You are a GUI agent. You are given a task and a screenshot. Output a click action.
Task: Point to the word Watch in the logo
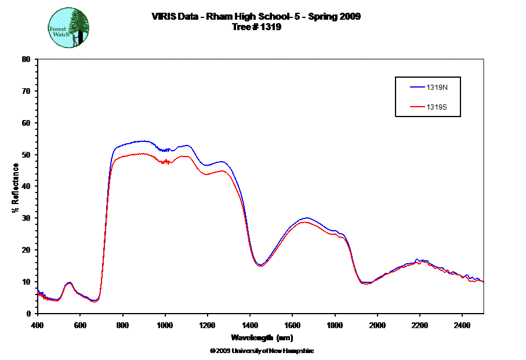(61, 35)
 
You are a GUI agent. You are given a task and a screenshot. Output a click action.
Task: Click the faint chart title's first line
(256, 16)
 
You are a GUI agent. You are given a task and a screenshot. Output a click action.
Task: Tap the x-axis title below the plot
(262, 337)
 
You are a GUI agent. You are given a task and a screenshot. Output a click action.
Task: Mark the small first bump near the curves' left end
(69, 283)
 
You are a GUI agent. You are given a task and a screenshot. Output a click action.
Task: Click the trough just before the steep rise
(96, 301)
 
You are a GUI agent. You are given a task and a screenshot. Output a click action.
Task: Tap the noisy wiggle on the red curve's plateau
(167, 162)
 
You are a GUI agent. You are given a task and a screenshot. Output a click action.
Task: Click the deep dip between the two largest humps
(261, 266)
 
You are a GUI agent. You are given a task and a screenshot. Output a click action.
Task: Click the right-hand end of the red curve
(483, 281)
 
